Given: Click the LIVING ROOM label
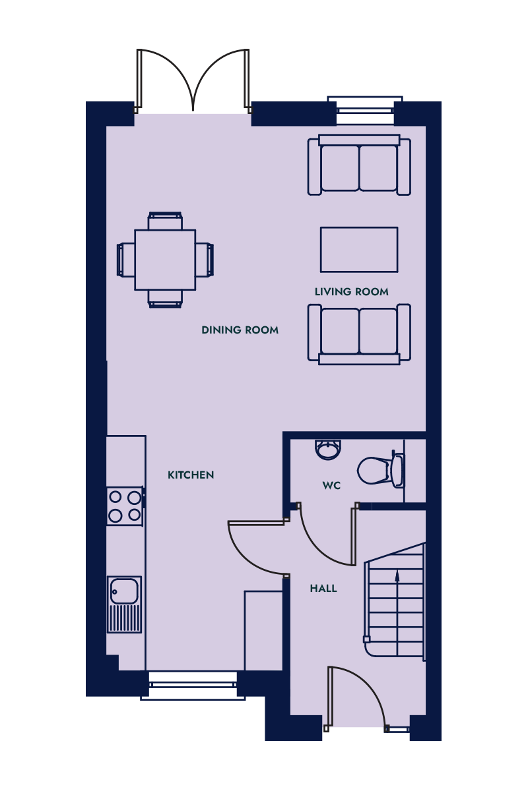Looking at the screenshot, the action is (352, 291).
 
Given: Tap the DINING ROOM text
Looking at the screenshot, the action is (240, 330).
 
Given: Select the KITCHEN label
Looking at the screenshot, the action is (191, 475).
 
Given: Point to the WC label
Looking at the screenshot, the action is (331, 486).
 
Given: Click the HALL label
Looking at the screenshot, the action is (323, 588).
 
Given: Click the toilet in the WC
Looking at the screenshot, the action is (381, 469).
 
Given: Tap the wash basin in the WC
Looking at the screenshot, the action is (328, 450).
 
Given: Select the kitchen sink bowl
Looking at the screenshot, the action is (124, 591).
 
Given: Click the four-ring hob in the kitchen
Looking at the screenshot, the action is (125, 506).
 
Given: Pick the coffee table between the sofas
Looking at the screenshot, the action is (359, 250).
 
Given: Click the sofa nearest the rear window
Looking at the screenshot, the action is (359, 165).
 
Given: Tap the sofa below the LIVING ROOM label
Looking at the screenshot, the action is (359, 334).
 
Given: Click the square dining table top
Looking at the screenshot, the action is (165, 260).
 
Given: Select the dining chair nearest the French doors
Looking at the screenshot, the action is (165, 221).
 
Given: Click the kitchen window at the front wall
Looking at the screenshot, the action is (193, 685).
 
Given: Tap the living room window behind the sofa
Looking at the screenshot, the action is (365, 110).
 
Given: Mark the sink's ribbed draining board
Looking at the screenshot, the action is (124, 618).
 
